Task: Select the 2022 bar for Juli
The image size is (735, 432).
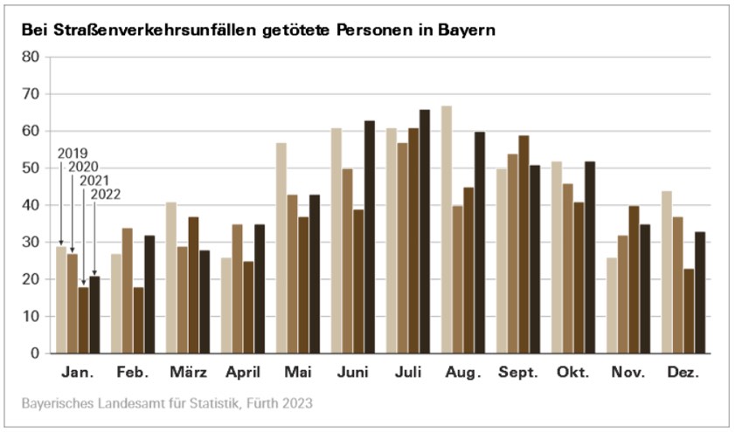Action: tap(425, 231)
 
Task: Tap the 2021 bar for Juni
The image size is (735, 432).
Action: tap(358, 281)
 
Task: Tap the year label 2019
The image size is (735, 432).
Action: tap(73, 153)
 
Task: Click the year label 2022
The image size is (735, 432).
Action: tap(105, 195)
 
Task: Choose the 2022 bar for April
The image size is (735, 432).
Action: tap(260, 289)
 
